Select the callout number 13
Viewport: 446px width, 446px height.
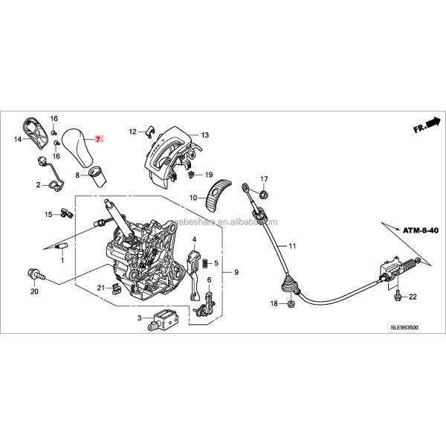[204, 135]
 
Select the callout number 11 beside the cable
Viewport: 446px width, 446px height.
[292, 246]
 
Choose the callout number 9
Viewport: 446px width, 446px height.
[236, 273]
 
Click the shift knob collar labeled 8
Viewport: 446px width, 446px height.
[97, 175]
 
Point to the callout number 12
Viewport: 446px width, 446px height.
[132, 132]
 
